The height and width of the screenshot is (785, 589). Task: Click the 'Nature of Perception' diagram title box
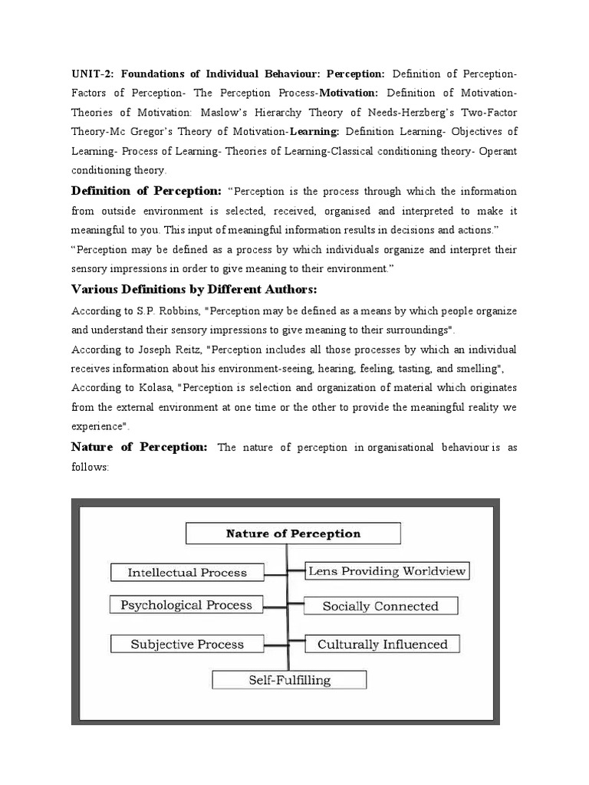[293, 534]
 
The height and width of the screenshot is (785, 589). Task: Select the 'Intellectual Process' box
[187, 573]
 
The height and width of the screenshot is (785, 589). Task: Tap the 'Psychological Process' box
[186, 606]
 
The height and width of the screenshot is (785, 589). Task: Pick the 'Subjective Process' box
[187, 645]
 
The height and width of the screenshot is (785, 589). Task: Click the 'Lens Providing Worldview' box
[387, 571]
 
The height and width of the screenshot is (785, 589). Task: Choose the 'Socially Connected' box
[380, 606]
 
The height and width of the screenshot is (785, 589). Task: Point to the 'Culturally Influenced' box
[382, 645]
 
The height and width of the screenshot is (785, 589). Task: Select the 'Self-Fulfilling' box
[289, 680]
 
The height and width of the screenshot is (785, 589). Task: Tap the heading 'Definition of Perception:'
[146, 191]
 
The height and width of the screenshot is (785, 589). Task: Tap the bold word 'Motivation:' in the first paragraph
[349, 94]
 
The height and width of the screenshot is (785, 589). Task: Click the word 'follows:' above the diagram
[91, 467]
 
